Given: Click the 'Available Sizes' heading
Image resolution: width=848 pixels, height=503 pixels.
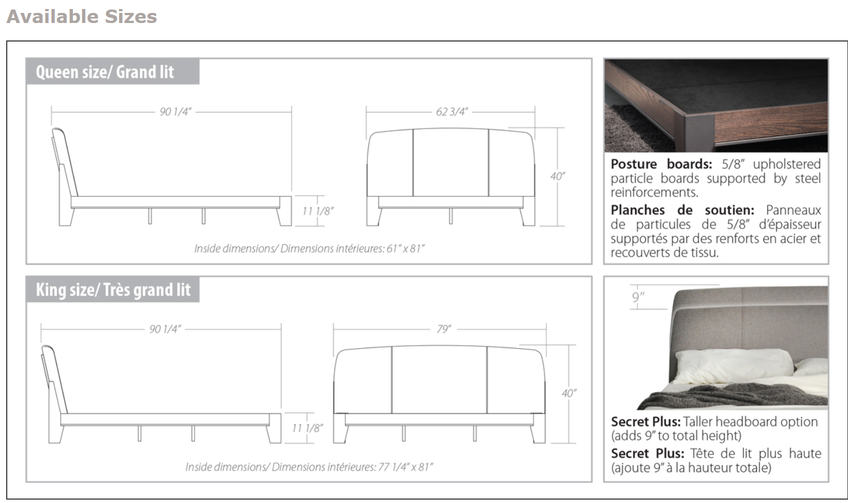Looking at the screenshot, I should click(x=82, y=16).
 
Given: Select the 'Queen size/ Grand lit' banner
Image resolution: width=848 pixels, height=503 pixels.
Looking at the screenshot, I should click(x=105, y=72).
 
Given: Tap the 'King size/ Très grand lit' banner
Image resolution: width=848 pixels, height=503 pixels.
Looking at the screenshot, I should click(x=113, y=290).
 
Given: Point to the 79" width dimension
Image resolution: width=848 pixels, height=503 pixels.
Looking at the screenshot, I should click(x=444, y=329).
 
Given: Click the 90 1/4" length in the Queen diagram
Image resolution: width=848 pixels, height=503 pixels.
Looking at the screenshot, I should click(x=175, y=112).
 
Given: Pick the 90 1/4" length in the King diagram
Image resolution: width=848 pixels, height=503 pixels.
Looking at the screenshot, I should click(x=165, y=329).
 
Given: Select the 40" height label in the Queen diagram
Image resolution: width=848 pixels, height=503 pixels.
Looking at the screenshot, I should click(x=557, y=176).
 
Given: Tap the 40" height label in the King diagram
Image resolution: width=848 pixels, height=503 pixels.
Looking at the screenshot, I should click(x=569, y=394).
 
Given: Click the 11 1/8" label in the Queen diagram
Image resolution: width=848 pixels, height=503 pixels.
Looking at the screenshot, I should click(x=317, y=211).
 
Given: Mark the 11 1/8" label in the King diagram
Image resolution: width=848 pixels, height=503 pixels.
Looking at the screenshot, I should click(x=307, y=428).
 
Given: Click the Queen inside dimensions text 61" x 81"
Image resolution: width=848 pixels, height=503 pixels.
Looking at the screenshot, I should click(x=309, y=248).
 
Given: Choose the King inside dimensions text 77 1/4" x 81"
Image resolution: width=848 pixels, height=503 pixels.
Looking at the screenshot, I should click(x=309, y=467).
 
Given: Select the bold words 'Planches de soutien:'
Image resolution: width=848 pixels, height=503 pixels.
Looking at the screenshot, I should click(x=682, y=211).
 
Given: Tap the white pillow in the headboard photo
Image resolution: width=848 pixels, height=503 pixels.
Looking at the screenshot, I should click(x=730, y=365).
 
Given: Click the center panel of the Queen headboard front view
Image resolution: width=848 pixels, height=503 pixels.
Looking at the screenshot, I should click(x=450, y=163).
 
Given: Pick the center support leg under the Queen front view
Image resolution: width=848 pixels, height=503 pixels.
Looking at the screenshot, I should click(x=450, y=216).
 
